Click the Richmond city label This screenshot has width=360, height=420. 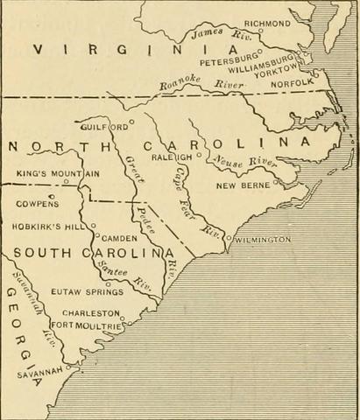tap(266, 22)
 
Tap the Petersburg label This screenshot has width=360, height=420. tap(230, 62)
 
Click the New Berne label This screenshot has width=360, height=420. tap(244, 185)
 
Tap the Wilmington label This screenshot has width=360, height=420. tap(262, 239)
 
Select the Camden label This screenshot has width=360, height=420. tap(120, 238)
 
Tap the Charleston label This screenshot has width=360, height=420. tap(89, 312)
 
